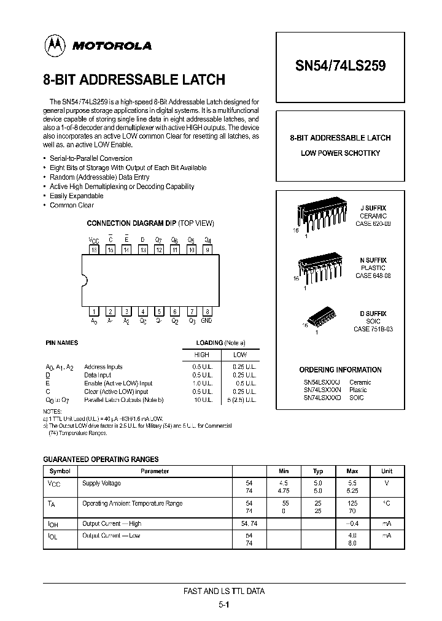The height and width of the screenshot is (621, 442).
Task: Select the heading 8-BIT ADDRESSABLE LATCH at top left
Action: [x=134, y=80]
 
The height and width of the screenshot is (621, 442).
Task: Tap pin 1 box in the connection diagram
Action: [x=94, y=312]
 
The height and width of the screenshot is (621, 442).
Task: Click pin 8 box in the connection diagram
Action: [x=207, y=312]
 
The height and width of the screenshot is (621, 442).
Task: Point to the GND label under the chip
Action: [x=207, y=321]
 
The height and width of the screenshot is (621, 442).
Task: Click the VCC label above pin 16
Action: [x=94, y=241]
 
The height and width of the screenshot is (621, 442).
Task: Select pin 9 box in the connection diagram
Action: [x=207, y=250]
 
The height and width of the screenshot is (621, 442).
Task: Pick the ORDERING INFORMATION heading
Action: [x=340, y=370]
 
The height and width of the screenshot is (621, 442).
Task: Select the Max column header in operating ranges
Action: [x=352, y=471]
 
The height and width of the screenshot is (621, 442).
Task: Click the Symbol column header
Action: [x=60, y=471]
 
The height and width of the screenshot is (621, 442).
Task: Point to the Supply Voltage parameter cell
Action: [x=102, y=484]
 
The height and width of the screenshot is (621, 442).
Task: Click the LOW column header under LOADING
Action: [x=240, y=355]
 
